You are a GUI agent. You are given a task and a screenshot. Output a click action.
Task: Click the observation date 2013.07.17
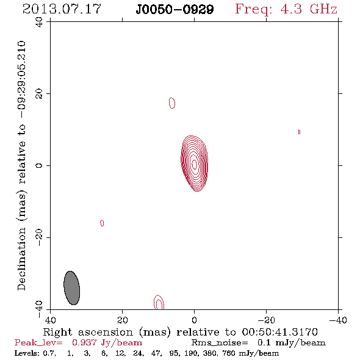tap(62, 9)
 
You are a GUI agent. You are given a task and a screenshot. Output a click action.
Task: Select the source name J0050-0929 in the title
tap(175, 10)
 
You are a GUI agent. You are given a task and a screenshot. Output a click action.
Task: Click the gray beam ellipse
tap(72, 288)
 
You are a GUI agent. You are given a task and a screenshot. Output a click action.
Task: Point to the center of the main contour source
tap(194, 164)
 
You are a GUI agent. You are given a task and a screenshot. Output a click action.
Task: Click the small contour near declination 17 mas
tap(172, 103)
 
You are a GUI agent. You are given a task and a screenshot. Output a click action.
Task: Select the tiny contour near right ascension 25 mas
tap(102, 223)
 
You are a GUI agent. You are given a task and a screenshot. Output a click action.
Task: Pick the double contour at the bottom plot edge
tap(159, 303)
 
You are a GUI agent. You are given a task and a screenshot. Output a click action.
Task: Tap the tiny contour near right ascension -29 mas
tap(299, 132)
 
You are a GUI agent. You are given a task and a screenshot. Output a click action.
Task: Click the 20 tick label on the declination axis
tap(39, 94)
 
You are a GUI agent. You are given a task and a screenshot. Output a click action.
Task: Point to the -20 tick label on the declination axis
tap(39, 237)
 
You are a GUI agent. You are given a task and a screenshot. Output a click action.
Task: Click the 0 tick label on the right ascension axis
tap(194, 320)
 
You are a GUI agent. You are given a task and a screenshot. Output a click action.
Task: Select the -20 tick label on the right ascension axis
tap(266, 320)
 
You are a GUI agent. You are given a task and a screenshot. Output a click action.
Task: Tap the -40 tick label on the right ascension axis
tap(338, 320)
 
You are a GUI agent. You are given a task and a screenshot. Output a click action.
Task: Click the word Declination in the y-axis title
tap(21, 259)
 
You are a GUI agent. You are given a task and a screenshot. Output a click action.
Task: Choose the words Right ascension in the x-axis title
tap(88, 332)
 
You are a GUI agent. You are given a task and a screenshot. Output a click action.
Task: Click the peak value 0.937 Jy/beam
tap(107, 343)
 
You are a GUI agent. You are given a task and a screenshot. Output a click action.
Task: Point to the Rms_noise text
tap(220, 343)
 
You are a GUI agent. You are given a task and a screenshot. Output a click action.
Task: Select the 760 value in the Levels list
tap(228, 353)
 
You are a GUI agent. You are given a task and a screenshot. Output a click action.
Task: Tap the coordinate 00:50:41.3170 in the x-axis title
tap(280, 332)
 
